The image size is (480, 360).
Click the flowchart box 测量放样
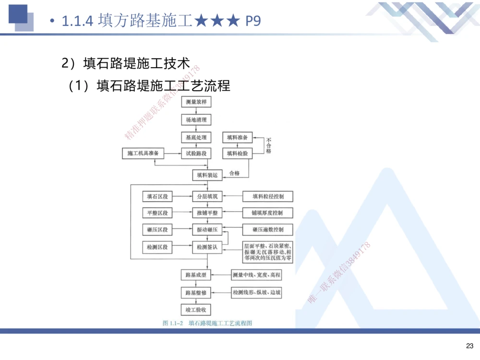click(196, 102)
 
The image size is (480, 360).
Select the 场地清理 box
click(196, 120)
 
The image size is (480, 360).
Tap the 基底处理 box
click(196, 138)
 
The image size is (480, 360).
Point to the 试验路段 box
click(196, 154)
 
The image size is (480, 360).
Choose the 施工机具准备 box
click(143, 154)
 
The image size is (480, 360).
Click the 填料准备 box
click(237, 138)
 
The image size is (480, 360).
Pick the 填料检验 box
click(237, 154)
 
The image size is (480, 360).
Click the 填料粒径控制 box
click(267, 196)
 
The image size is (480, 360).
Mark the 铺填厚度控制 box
click(267, 213)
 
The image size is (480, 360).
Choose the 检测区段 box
click(157, 247)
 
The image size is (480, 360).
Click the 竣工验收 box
click(196, 310)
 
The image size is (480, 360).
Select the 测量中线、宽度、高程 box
click(256, 275)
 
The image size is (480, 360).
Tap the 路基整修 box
click(196, 292)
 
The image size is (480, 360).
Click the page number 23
click(469, 346)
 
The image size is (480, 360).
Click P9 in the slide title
click(252, 21)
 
